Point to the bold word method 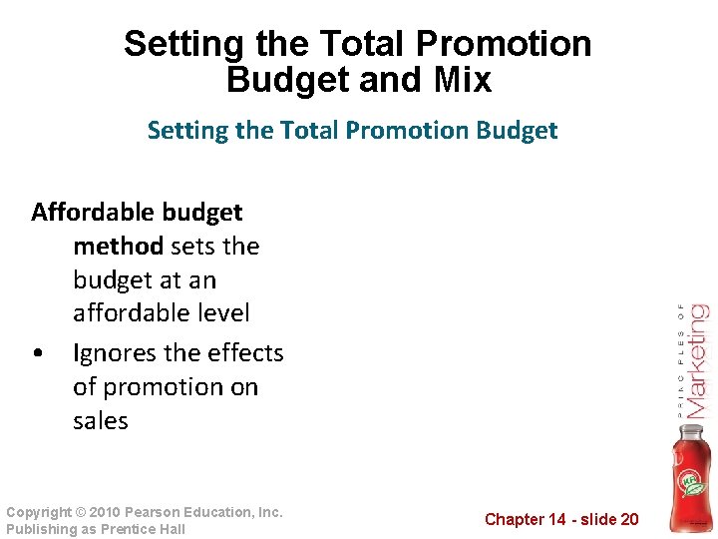[118, 246]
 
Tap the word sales [101, 421]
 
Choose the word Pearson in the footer [162, 512]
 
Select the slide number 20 [628, 519]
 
